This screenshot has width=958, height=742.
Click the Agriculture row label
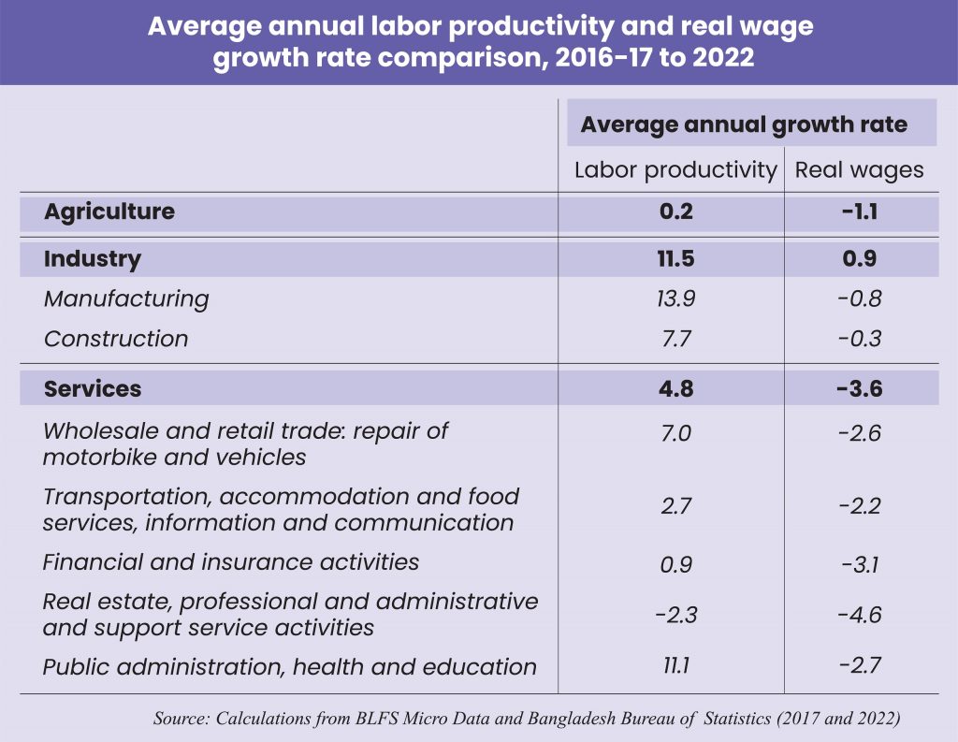tap(109, 211)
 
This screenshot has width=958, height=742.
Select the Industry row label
tap(93, 259)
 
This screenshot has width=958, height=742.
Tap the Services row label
tap(93, 388)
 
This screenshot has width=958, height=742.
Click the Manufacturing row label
tap(126, 298)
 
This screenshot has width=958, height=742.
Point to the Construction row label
tap(116, 339)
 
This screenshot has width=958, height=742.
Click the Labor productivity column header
tap(675, 170)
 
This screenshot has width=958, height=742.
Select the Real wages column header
tap(859, 170)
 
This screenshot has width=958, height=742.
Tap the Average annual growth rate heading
tap(744, 124)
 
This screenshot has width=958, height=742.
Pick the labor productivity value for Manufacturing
tap(675, 298)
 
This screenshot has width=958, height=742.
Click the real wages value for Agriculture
tap(859, 211)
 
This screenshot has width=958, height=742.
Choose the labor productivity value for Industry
tap(675, 259)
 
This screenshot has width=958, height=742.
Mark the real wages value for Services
tap(859, 388)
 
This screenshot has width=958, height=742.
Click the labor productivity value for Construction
tap(675, 339)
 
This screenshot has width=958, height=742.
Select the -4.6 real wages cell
tap(859, 615)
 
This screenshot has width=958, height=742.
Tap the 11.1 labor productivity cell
tap(675, 667)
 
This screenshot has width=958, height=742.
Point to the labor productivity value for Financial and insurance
tap(675, 564)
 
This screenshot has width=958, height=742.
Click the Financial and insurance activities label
tap(231, 562)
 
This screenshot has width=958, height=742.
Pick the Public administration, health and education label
tap(290, 667)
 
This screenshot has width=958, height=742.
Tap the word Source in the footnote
tap(181, 719)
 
